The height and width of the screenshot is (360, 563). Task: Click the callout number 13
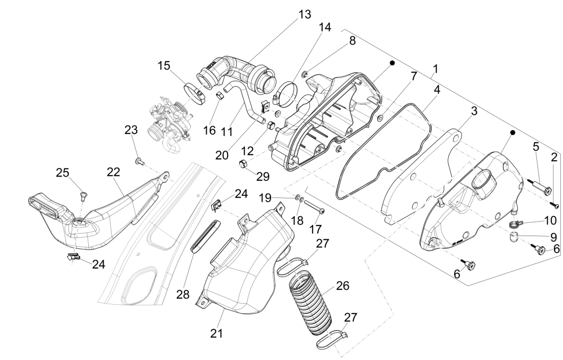(x=305, y=14)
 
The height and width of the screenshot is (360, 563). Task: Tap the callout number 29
(x=247, y=175)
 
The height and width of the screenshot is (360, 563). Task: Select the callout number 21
(x=216, y=333)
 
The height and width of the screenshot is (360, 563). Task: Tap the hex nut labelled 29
(x=240, y=164)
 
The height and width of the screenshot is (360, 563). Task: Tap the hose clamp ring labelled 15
(x=195, y=93)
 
